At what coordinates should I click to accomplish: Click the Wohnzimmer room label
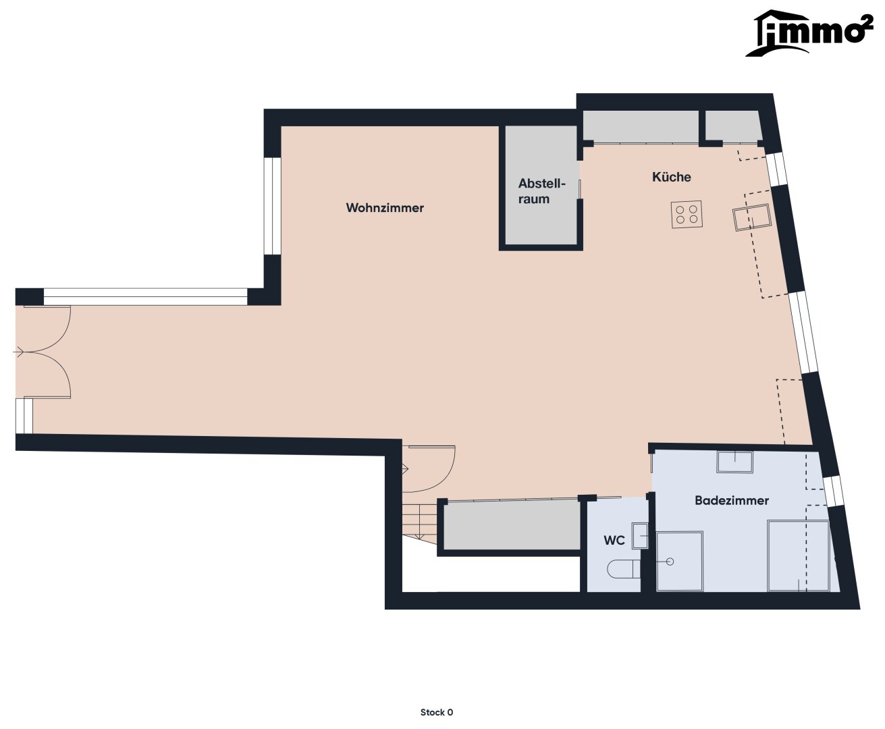tap(385, 208)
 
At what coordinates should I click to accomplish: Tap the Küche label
tap(672, 177)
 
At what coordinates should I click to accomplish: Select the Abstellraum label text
tap(541, 191)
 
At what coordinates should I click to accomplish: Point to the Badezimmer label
tap(732, 501)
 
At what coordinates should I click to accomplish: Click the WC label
tap(614, 541)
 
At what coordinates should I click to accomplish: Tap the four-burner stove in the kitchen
tap(687, 215)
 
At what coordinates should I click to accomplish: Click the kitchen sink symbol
tap(752, 217)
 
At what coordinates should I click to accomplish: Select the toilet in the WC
tap(624, 569)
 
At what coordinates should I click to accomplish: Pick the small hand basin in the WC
tap(639, 536)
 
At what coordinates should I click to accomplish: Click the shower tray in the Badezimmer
tap(679, 561)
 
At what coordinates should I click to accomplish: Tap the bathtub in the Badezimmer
tap(799, 556)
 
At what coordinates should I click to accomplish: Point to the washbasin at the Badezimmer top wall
tap(734, 462)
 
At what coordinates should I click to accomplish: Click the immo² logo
tap(809, 33)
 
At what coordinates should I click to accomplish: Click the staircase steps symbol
tap(419, 524)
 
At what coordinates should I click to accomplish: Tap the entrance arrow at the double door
tap(19, 352)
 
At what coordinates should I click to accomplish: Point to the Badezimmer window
tap(833, 491)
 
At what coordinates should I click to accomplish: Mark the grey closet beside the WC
tap(512, 526)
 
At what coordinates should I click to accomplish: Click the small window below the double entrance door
tap(24, 416)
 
